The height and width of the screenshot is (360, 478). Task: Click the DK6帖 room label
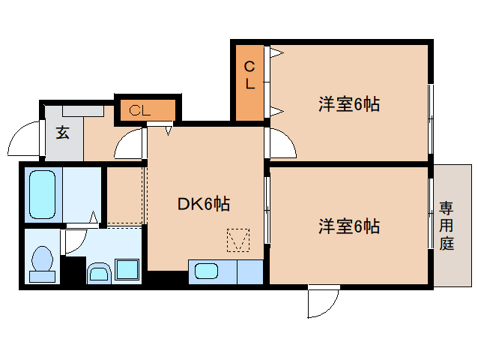pyautogui.click(x=203, y=203)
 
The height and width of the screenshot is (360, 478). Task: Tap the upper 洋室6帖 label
pyautogui.click(x=348, y=105)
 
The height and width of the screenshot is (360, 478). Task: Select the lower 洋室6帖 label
pyautogui.click(x=348, y=225)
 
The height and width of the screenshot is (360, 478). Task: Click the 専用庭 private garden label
pyautogui.click(x=447, y=225)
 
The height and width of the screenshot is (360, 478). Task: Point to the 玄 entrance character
pyautogui.click(x=62, y=133)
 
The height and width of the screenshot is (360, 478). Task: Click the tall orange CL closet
pyautogui.click(x=249, y=82)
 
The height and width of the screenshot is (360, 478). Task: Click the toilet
pyautogui.click(x=43, y=264)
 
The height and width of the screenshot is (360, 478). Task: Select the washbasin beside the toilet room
pyautogui.click(x=99, y=271)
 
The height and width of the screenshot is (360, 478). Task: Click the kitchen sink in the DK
pyautogui.click(x=205, y=271)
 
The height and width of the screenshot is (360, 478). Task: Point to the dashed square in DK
pyautogui.click(x=238, y=240)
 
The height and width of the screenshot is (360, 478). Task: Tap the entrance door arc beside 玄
pyautogui.click(x=22, y=139)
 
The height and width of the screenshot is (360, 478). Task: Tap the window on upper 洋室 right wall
pyautogui.click(x=431, y=112)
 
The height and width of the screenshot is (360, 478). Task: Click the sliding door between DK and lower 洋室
pyautogui.click(x=267, y=210)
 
